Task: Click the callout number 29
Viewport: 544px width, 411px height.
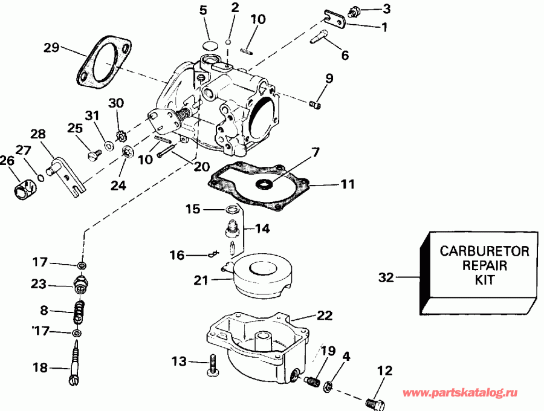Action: [51, 48]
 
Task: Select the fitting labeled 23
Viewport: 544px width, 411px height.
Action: [80, 283]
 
